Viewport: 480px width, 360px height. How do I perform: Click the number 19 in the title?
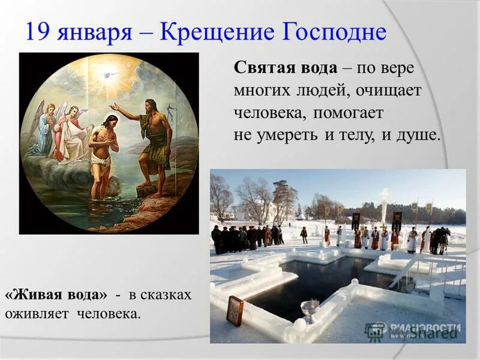(36, 31)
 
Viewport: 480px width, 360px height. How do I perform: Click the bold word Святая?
(260, 68)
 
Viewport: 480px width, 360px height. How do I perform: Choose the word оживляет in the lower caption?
(38, 313)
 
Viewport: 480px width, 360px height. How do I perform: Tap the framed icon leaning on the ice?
(235, 311)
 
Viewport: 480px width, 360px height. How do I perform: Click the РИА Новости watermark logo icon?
(376, 329)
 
